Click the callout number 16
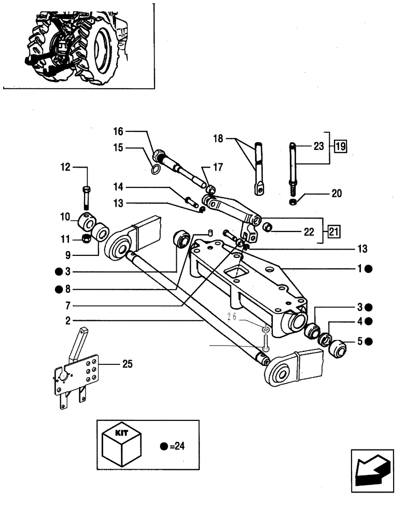click(x=118, y=132)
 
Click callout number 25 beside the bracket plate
click(x=127, y=364)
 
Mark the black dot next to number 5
click(x=368, y=342)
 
